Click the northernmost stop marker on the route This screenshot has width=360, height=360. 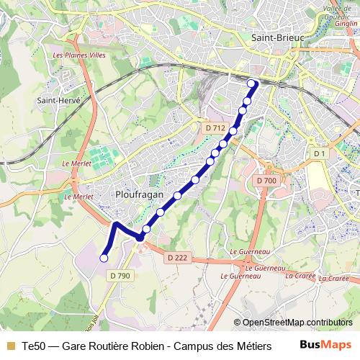coord(252,84)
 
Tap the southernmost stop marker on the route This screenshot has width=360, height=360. coord(104,257)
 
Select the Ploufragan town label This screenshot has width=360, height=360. coord(139,194)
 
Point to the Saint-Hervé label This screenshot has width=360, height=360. coord(58,101)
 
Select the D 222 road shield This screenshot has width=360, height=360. coord(177,258)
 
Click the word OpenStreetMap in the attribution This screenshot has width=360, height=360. coord(274,323)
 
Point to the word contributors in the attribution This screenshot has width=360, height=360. coord(330,323)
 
